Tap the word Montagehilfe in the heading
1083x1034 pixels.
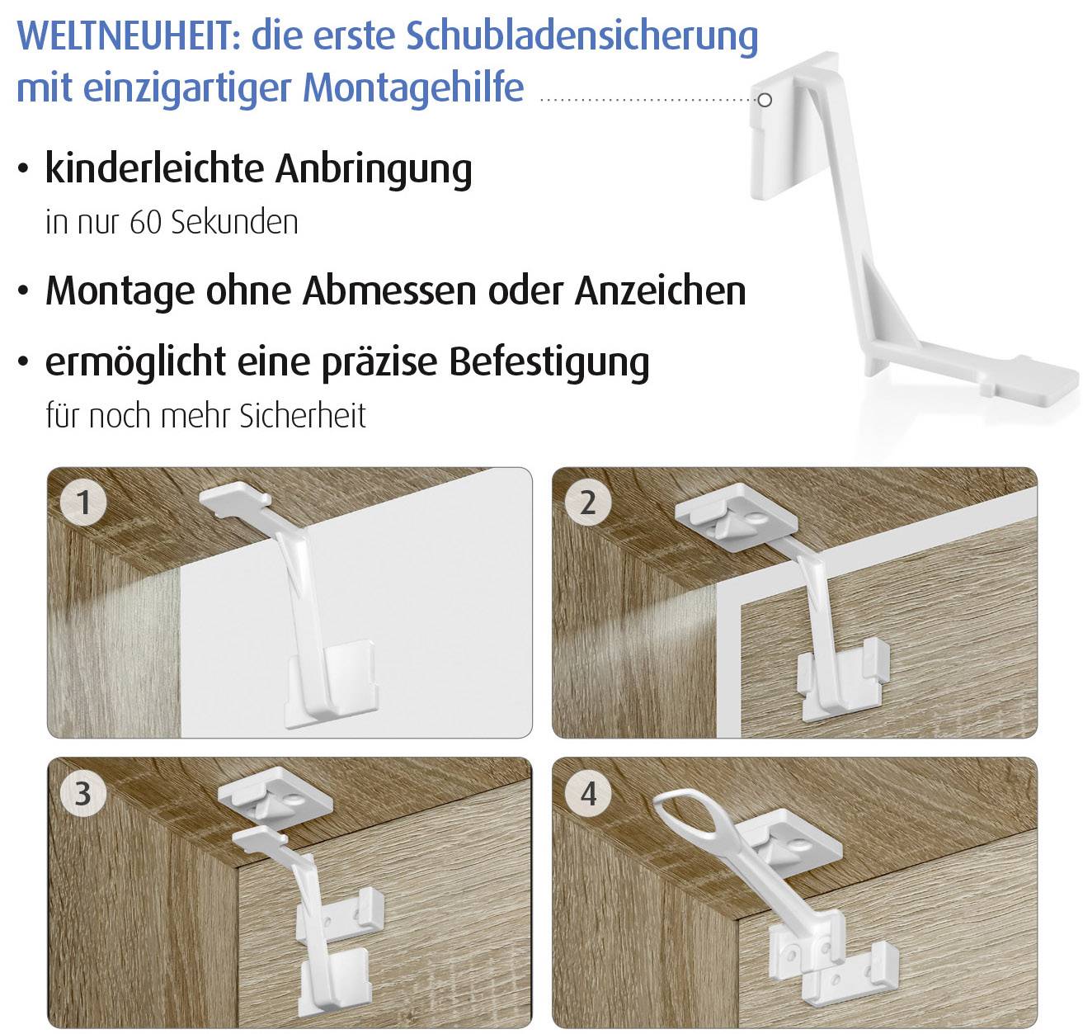(x=413, y=87)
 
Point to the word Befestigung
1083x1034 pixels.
(x=549, y=362)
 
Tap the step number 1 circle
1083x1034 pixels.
(x=83, y=502)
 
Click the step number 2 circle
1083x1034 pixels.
(x=587, y=502)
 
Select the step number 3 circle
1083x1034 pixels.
(x=83, y=793)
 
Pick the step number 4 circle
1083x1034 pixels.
(x=587, y=793)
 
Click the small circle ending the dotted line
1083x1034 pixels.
(x=765, y=100)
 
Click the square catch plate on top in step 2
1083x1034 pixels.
(x=734, y=518)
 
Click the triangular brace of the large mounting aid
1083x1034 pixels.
(x=886, y=314)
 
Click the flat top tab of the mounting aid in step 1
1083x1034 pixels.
(x=235, y=497)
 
